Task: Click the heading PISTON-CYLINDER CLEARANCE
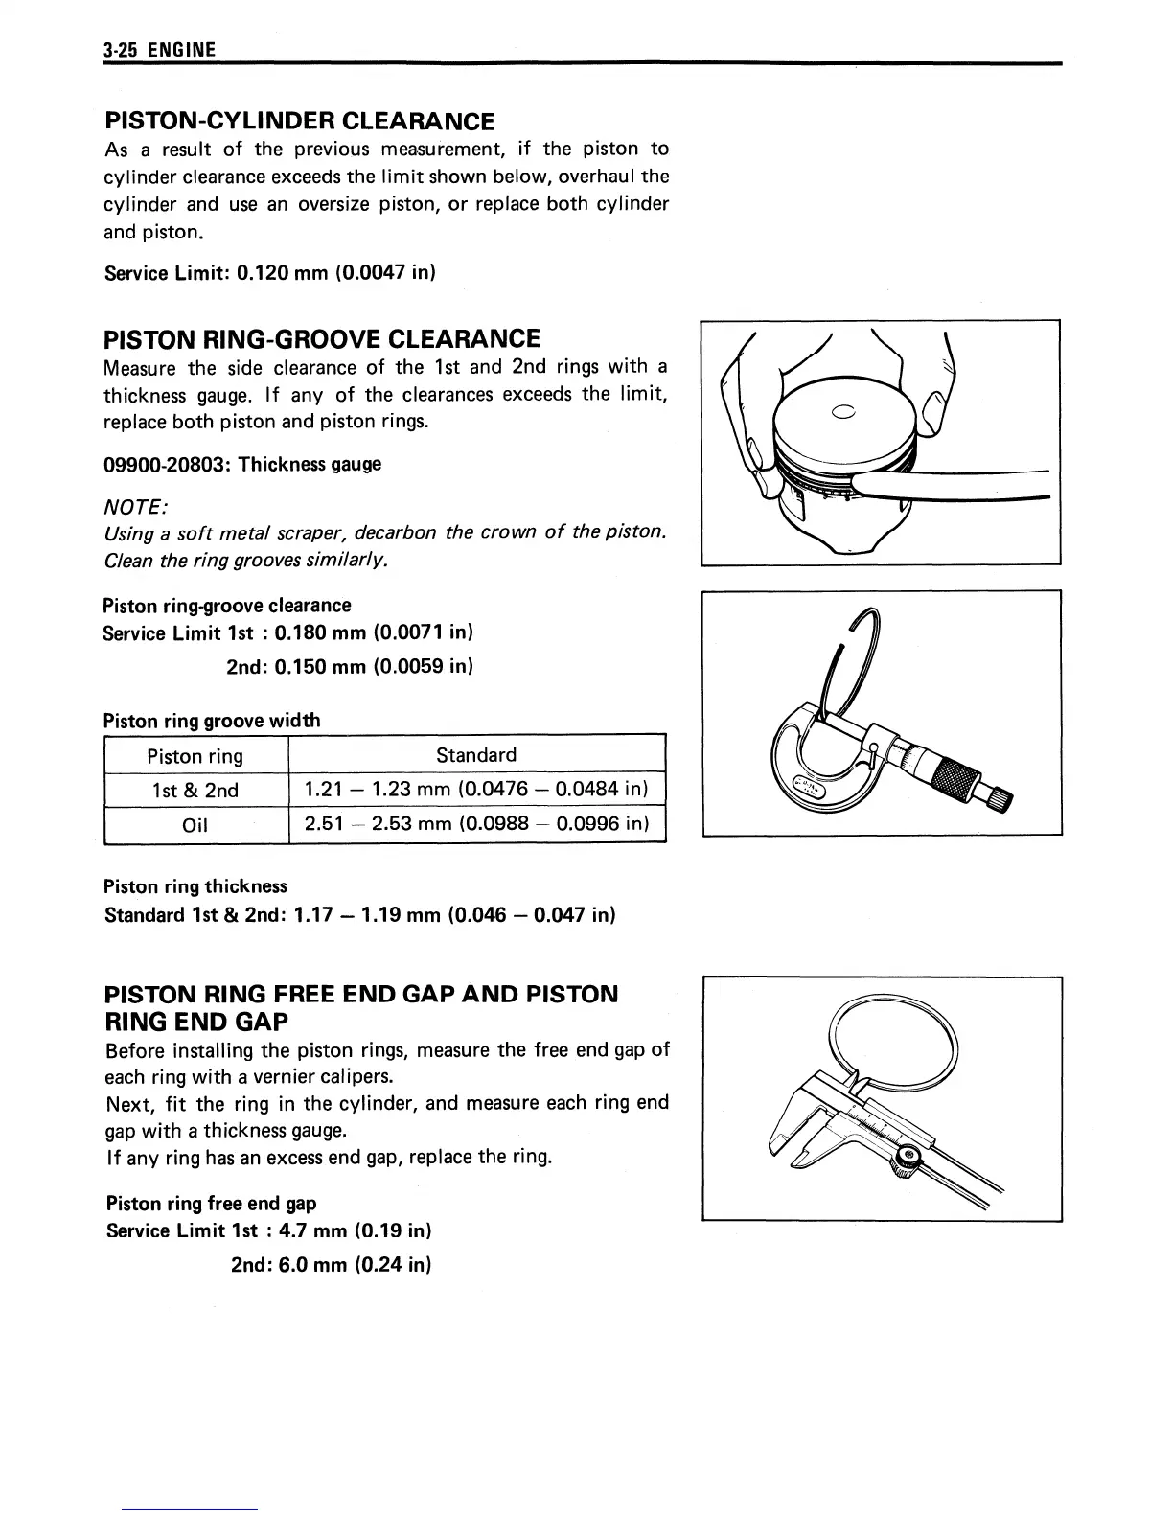[x=299, y=121]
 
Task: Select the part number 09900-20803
[x=167, y=464]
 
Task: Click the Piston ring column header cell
[x=195, y=756]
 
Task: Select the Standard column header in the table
[x=476, y=755]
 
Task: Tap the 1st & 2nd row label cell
[x=195, y=791]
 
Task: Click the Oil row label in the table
[x=195, y=825]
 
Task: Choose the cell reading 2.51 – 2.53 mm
[x=476, y=824]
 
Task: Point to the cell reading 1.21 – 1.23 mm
[x=476, y=790]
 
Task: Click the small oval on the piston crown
[x=844, y=414]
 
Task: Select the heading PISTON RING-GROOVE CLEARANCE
[x=321, y=339]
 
